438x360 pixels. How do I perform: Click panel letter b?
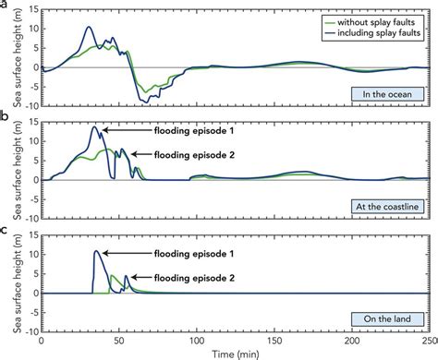click(5, 117)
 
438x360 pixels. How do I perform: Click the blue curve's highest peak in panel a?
click(89, 27)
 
